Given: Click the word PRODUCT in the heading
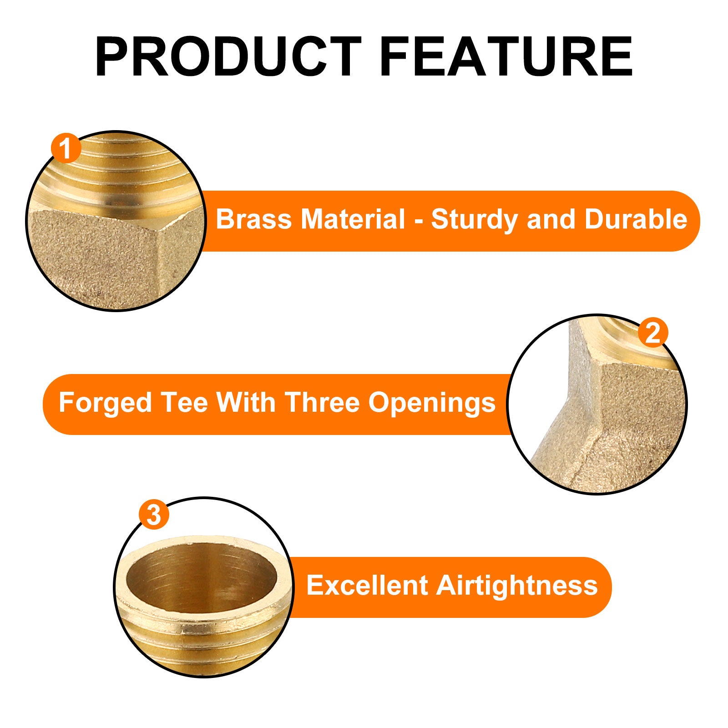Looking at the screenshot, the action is (228, 57).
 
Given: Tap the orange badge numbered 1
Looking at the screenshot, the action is (66, 149).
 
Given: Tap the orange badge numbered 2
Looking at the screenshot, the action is (652, 334).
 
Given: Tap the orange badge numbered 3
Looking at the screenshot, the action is (154, 515).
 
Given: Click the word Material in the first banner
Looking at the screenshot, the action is (353, 220).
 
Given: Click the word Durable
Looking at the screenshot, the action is (636, 220).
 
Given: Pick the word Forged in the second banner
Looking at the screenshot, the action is (105, 404).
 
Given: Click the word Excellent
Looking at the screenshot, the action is (367, 586).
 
